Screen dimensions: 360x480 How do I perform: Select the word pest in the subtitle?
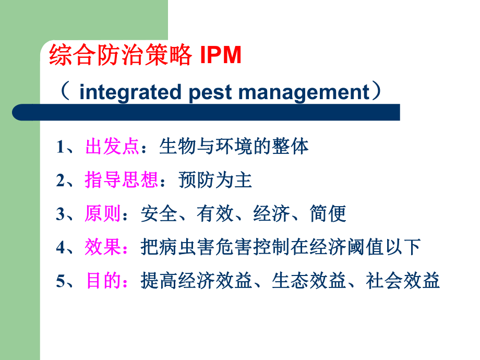tap(210, 92)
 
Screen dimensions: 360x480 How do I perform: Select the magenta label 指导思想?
tap(122, 181)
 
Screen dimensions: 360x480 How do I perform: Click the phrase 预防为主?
tap(215, 181)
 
